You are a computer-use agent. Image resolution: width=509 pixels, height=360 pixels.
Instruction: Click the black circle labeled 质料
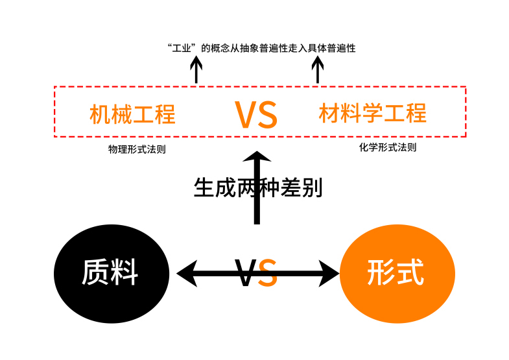pyautogui.click(x=111, y=272)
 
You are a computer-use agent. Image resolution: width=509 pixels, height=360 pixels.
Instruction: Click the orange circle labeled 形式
pyautogui.click(x=396, y=272)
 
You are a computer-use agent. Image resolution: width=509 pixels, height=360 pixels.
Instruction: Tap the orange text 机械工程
pyautogui.click(x=133, y=114)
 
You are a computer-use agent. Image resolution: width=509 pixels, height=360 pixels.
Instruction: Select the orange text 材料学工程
pyautogui.click(x=373, y=113)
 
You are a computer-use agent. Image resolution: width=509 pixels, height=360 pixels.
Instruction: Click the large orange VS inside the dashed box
pyautogui.click(x=256, y=114)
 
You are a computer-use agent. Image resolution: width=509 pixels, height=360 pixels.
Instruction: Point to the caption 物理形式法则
pyautogui.click(x=136, y=149)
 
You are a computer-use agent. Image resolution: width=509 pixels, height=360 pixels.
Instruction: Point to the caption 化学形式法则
pyautogui.click(x=388, y=147)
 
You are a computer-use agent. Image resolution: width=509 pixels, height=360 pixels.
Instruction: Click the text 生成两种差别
pyautogui.click(x=258, y=187)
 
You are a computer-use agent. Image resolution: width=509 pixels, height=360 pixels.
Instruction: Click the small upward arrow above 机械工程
pyautogui.click(x=196, y=67)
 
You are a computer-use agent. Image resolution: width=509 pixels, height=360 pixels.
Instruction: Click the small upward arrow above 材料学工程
pyautogui.click(x=317, y=67)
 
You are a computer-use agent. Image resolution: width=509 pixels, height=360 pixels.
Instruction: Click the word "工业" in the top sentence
pyautogui.click(x=182, y=48)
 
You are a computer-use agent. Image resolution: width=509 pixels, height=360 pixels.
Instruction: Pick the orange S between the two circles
pyautogui.click(x=268, y=273)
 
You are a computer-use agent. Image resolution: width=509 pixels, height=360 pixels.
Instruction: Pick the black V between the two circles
pyautogui.click(x=246, y=273)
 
